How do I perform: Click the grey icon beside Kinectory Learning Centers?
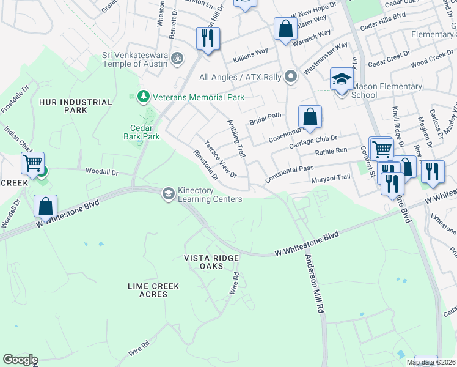167,194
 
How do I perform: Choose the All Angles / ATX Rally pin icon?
291,77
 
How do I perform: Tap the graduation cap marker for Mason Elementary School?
342,81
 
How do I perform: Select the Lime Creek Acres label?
147,290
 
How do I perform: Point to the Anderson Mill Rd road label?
313,284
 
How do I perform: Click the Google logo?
20,360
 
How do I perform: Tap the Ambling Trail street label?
236,138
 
